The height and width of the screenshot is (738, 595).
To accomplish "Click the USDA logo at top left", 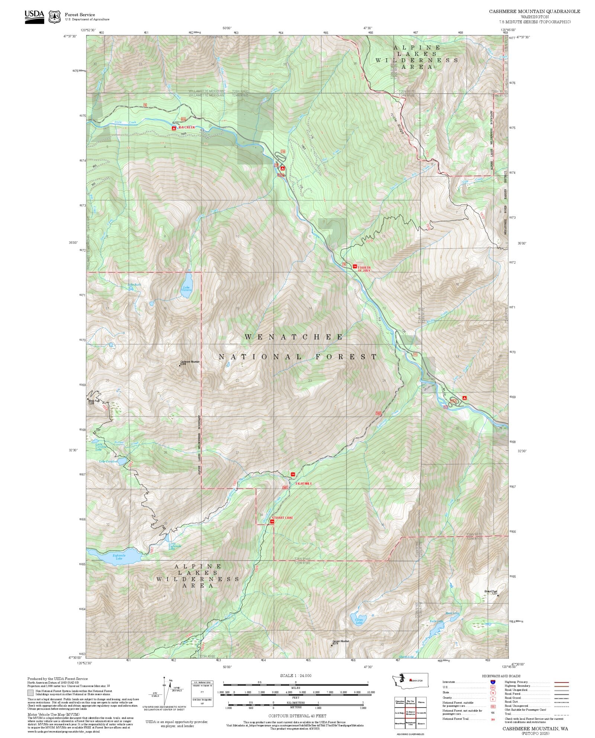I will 34,16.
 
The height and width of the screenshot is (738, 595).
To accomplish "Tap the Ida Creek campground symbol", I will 174,128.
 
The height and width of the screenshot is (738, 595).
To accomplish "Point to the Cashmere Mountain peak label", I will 190,362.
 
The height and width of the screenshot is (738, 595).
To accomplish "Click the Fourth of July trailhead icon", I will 355,266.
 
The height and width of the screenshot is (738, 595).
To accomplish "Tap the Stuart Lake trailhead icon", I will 272,522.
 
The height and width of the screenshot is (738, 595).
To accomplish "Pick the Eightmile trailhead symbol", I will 293,474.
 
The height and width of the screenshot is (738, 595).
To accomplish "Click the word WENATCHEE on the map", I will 294,337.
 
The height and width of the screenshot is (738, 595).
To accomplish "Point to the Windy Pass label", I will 94,401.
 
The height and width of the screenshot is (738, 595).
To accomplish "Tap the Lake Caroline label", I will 108,462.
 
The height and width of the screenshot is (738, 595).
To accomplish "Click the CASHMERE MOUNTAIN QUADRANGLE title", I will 534,12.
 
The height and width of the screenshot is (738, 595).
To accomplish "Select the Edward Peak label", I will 491,592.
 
